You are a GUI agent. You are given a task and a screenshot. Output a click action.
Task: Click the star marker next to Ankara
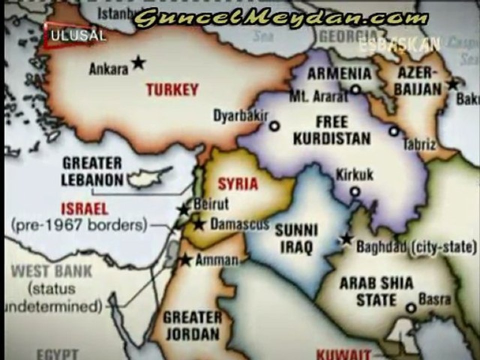pos(138,62)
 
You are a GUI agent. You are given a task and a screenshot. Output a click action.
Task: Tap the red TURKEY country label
pos(172,90)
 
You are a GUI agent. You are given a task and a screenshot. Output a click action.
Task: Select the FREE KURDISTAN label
pos(331,130)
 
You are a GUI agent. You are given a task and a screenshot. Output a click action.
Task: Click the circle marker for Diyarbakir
pos(274,126)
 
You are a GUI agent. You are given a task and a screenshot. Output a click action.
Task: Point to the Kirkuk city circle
pos(354,191)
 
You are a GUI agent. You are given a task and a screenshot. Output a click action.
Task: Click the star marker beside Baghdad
pos(346,239)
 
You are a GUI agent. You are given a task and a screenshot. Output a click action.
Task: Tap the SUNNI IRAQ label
pos(296,238)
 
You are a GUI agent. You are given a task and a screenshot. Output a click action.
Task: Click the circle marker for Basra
pos(411,307)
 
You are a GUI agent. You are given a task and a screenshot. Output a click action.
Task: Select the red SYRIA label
pos(238,184)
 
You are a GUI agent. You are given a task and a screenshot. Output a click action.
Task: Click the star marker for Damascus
pos(199,224)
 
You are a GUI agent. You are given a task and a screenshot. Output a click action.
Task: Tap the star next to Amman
pos(186,259)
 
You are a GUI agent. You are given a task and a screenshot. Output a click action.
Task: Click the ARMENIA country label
pos(339,74)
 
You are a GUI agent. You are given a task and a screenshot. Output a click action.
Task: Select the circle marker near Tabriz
pos(394,131)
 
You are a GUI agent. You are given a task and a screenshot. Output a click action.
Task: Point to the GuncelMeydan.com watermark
pos(281,19)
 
